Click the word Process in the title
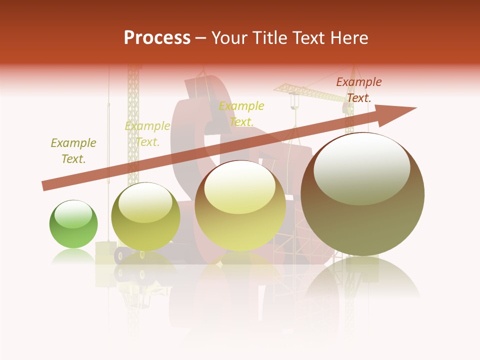pyautogui.click(x=157, y=37)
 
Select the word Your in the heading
pyautogui.click(x=229, y=37)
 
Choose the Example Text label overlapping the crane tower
pyautogui.click(x=147, y=134)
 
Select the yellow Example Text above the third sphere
pyautogui.click(x=241, y=114)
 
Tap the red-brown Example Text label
pyautogui.click(x=358, y=90)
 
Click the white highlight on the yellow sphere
pyautogui.click(x=239, y=187)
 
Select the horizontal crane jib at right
pyautogui.click(x=310, y=92)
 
